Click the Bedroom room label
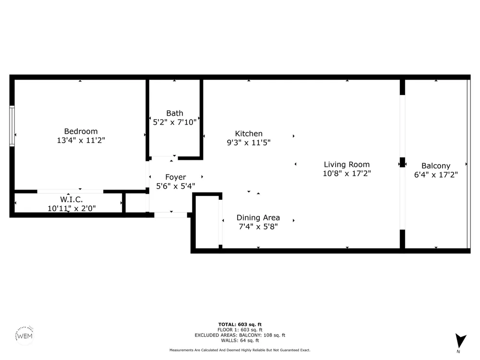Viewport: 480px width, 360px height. pyautogui.click(x=81, y=132)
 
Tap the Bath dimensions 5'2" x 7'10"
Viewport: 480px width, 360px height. pyautogui.click(x=175, y=122)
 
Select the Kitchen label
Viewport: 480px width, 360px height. pyautogui.click(x=249, y=134)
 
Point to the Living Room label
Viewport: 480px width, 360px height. pyautogui.click(x=347, y=165)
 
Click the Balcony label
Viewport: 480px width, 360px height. pyautogui.click(x=436, y=166)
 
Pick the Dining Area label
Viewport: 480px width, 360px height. pyautogui.click(x=258, y=217)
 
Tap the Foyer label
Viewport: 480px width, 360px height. pyautogui.click(x=175, y=177)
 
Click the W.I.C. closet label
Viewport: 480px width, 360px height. pyautogui.click(x=72, y=200)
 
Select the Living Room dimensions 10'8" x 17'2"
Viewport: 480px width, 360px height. pyautogui.click(x=347, y=174)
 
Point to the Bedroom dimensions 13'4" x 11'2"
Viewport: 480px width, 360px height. pyautogui.click(x=81, y=140)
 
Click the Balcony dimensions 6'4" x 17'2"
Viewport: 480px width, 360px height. pyautogui.click(x=436, y=175)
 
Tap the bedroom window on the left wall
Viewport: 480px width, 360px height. pyautogui.click(x=12, y=126)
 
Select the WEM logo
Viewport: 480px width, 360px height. pyautogui.click(x=24, y=336)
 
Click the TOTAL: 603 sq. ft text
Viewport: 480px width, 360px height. pyautogui.click(x=240, y=324)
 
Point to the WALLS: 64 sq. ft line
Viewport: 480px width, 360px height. pyautogui.click(x=240, y=340)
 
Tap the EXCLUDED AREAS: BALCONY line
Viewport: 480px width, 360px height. pyautogui.click(x=240, y=335)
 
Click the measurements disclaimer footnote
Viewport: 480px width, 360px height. pyautogui.click(x=240, y=350)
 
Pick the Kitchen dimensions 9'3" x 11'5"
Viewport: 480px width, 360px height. pyautogui.click(x=249, y=143)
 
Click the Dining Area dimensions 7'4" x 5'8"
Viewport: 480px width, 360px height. pyautogui.click(x=258, y=227)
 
